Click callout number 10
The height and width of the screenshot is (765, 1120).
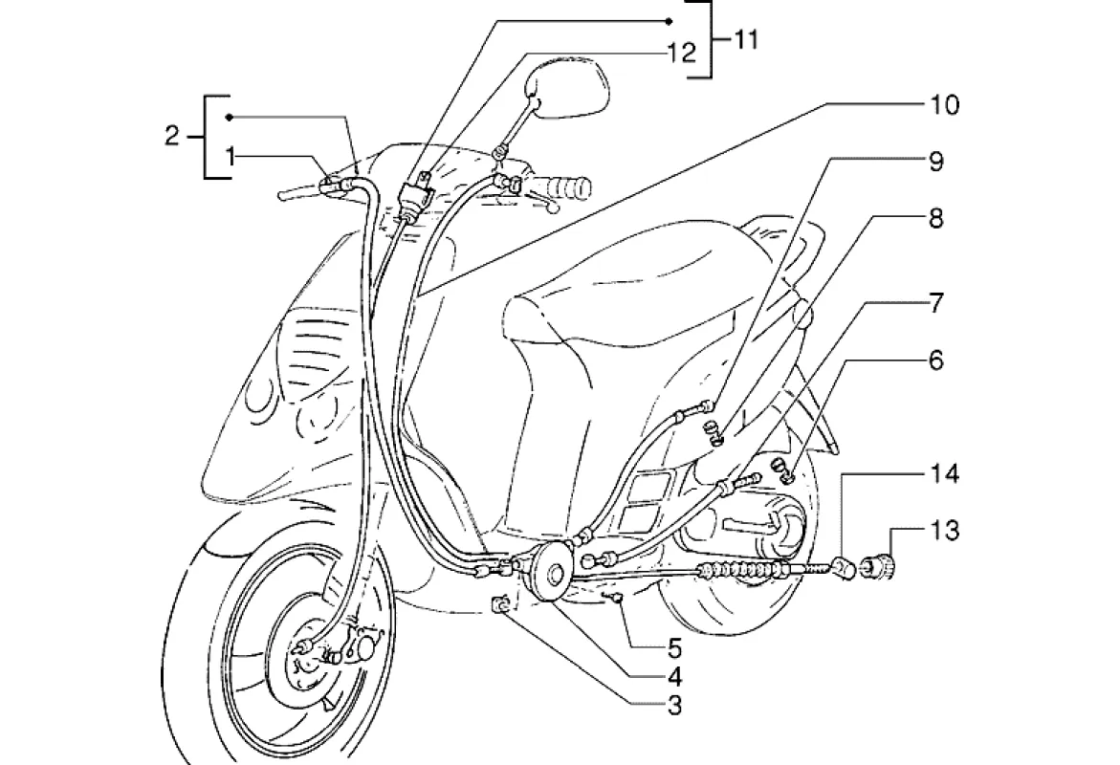[944, 105]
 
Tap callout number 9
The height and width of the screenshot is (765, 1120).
[935, 162]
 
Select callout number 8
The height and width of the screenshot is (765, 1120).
[935, 219]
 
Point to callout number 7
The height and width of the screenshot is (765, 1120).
[935, 303]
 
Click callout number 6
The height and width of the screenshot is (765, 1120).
[935, 360]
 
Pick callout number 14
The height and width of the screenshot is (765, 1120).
[944, 473]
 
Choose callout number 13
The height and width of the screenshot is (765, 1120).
[944, 531]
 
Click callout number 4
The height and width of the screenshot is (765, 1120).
[674, 676]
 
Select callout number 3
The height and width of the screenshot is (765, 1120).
[674, 705]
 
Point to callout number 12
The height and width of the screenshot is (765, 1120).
[681, 53]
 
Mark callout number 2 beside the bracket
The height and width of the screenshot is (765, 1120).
[172, 135]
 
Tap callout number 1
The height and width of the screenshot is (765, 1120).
[230, 155]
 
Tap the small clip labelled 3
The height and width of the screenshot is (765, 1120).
[503, 604]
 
